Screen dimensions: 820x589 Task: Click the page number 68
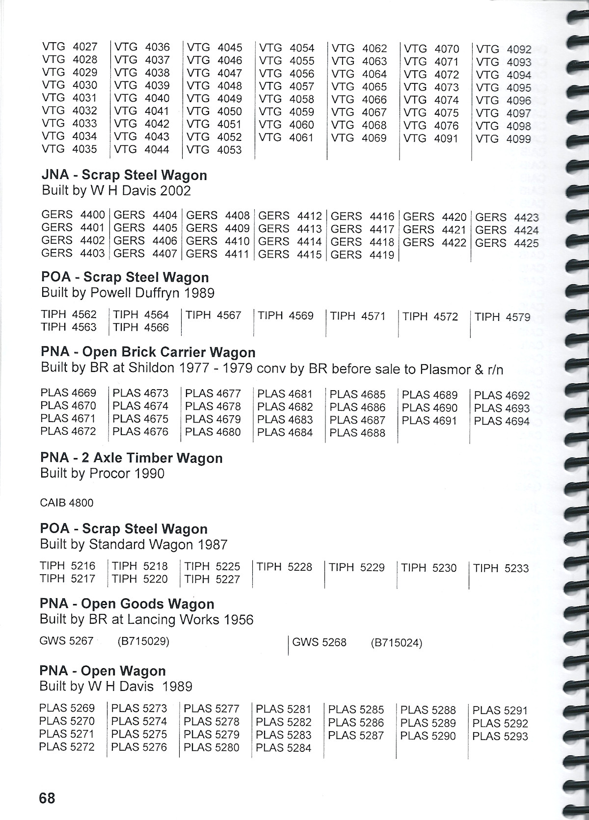click(47, 798)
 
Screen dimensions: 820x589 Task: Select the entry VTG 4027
click(70, 47)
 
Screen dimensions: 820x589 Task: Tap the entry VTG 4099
click(504, 139)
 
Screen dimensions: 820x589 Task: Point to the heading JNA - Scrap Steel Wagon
click(124, 175)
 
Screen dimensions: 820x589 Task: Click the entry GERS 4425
click(507, 243)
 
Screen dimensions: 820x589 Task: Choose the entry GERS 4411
click(218, 254)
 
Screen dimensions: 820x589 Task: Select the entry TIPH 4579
click(503, 317)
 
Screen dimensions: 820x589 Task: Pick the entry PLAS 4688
click(357, 433)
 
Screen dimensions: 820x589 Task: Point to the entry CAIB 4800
click(67, 503)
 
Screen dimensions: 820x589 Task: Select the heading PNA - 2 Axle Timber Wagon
click(132, 458)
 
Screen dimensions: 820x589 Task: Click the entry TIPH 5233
click(501, 568)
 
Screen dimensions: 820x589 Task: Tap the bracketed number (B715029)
click(143, 641)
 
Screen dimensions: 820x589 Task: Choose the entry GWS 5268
click(319, 642)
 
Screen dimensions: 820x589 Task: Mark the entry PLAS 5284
click(284, 748)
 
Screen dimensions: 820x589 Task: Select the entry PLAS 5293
click(500, 736)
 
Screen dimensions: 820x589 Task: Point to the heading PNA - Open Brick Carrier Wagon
click(148, 352)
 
